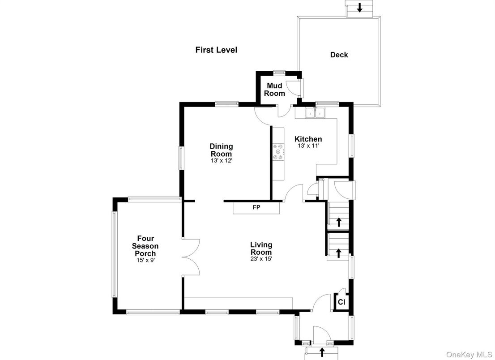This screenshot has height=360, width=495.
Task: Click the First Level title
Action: point(216,50)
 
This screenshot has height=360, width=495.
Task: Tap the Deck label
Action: point(339,55)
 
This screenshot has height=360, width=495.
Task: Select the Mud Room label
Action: point(274,89)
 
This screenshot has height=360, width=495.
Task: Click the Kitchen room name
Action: point(307,139)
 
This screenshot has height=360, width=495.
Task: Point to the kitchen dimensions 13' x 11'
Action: point(307,146)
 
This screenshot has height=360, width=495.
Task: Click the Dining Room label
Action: point(222,150)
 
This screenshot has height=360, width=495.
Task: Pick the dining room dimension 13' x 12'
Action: point(222,160)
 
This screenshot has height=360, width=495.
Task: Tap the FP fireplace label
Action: point(256,207)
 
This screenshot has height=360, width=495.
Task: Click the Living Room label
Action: point(261,248)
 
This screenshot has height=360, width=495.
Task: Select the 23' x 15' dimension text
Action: point(261,258)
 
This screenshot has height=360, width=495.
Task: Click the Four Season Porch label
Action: point(145,246)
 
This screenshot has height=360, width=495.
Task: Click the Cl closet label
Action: point(341,302)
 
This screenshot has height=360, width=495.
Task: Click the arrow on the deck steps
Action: point(359,8)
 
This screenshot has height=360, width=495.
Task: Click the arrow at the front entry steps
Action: point(322,352)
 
